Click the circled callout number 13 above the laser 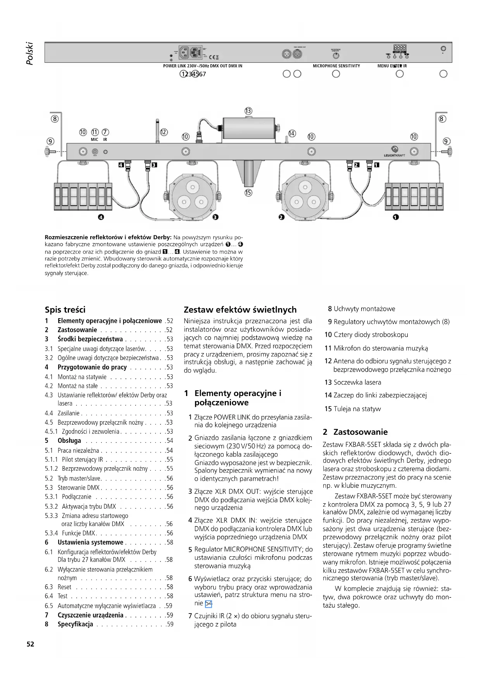[x=248, y=111]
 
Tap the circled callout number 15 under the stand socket [x=248, y=192]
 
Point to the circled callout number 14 [x=292, y=134]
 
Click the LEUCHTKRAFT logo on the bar [x=395, y=155]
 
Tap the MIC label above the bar [x=95, y=139]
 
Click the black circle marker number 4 [x=101, y=217]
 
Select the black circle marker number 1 [x=395, y=217]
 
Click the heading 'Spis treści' [x=65, y=310]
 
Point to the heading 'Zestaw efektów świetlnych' [x=240, y=310]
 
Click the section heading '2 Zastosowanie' [x=355, y=432]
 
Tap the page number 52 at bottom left [x=30, y=644]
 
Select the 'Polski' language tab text [x=30, y=53]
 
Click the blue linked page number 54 [x=209, y=603]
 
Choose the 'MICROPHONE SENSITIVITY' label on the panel [x=336, y=66]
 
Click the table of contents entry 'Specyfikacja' [x=75, y=624]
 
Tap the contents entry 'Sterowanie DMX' [x=79, y=488]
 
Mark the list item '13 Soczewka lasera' [x=353, y=382]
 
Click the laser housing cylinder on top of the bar [x=248, y=128]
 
